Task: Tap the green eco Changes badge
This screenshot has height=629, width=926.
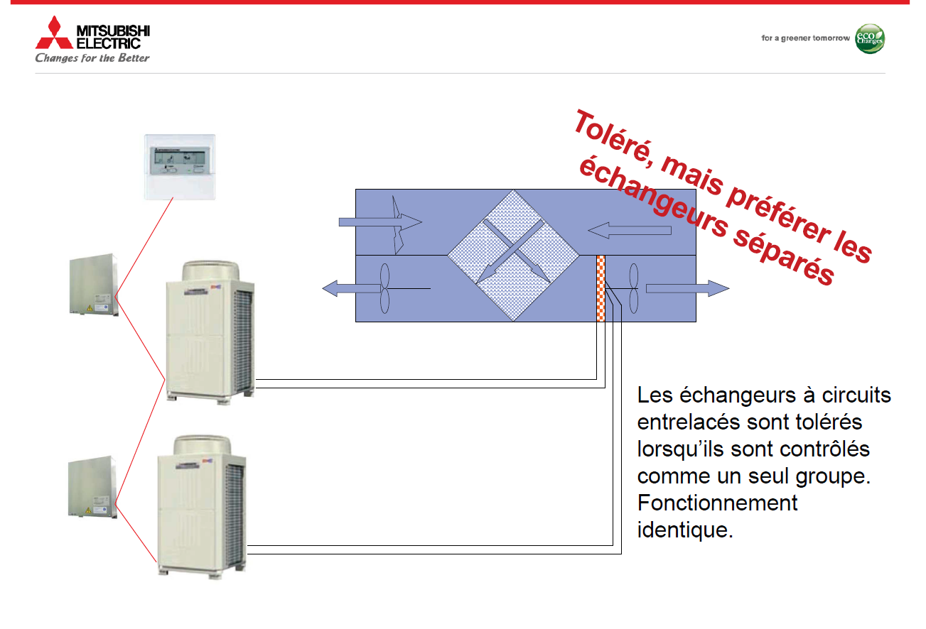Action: click(870, 38)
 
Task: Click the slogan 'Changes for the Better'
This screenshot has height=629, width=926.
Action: click(92, 58)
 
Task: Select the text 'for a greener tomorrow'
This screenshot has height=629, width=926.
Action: click(805, 38)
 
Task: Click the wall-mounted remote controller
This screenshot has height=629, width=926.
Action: click(180, 167)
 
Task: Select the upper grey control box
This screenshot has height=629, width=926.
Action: click(94, 285)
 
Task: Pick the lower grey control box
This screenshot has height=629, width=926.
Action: click(92, 487)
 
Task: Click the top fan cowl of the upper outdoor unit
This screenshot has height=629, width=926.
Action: click(211, 271)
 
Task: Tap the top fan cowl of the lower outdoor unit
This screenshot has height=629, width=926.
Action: click(202, 445)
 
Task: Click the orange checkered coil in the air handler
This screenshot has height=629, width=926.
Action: click(601, 288)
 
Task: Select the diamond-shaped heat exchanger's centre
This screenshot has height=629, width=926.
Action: click(513, 256)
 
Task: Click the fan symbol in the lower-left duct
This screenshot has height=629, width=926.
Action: click(385, 288)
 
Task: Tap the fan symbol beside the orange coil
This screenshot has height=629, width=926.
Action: click(634, 288)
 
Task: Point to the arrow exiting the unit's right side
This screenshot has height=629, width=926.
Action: click(687, 288)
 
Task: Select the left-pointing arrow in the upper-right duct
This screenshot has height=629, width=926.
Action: click(629, 230)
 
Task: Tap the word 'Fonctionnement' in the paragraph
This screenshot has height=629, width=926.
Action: click(717, 503)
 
